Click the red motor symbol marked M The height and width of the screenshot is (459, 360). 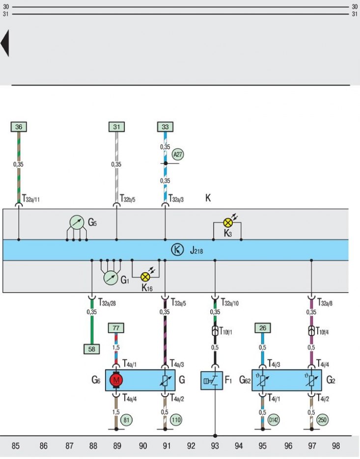pyautogui.click(x=116, y=380)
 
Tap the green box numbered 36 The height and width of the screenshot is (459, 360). pyautogui.click(x=19, y=127)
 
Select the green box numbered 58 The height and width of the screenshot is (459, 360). pyautogui.click(x=91, y=349)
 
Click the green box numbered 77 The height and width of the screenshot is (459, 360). pyautogui.click(x=116, y=328)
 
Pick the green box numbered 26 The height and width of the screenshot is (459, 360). pyautogui.click(x=263, y=328)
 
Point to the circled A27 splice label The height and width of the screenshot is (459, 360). pyautogui.click(x=178, y=154)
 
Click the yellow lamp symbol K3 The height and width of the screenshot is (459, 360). pyautogui.click(x=228, y=223)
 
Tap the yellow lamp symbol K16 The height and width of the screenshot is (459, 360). pyautogui.click(x=145, y=277)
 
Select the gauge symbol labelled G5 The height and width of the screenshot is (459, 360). pyautogui.click(x=77, y=223)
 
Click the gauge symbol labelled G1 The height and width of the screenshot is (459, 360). pyautogui.click(x=111, y=278)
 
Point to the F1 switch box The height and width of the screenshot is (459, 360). pyautogui.click(x=212, y=380)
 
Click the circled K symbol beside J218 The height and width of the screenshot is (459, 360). pyautogui.click(x=177, y=250)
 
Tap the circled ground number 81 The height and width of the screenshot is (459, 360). pyautogui.click(x=126, y=420)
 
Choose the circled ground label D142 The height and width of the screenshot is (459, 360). pyautogui.click(x=274, y=420)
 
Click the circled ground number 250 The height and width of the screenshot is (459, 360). pyautogui.click(x=322, y=420)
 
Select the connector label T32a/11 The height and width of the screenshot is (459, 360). pyautogui.click(x=31, y=199)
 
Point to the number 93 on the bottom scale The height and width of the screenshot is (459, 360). pyautogui.click(x=215, y=446)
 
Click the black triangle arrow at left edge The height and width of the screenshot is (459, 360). pyautogui.click(x=5, y=43)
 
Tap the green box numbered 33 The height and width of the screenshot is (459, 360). pyautogui.click(x=165, y=127)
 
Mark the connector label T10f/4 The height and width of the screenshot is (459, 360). pyautogui.click(x=322, y=331)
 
